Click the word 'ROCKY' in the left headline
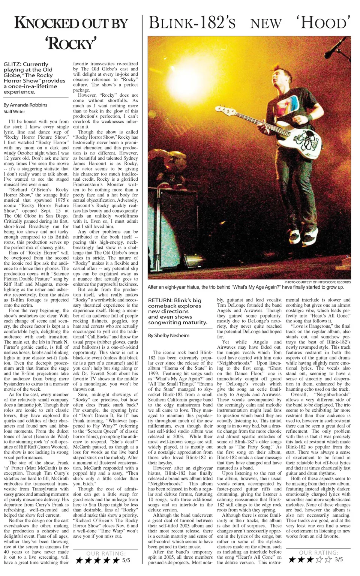coord(72,43)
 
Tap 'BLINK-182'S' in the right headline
coord(192,23)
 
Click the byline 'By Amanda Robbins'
coord(25,105)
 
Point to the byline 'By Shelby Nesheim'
coord(169,335)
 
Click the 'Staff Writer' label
coord(15,112)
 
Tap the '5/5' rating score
coord(126,560)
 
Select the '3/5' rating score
coord(339,559)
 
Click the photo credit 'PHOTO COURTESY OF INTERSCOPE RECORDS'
coord(318,282)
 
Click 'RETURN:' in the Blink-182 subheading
coord(160,300)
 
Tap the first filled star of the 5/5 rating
coord(79,560)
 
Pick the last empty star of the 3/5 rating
coord(328,559)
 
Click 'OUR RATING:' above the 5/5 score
coord(106,553)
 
